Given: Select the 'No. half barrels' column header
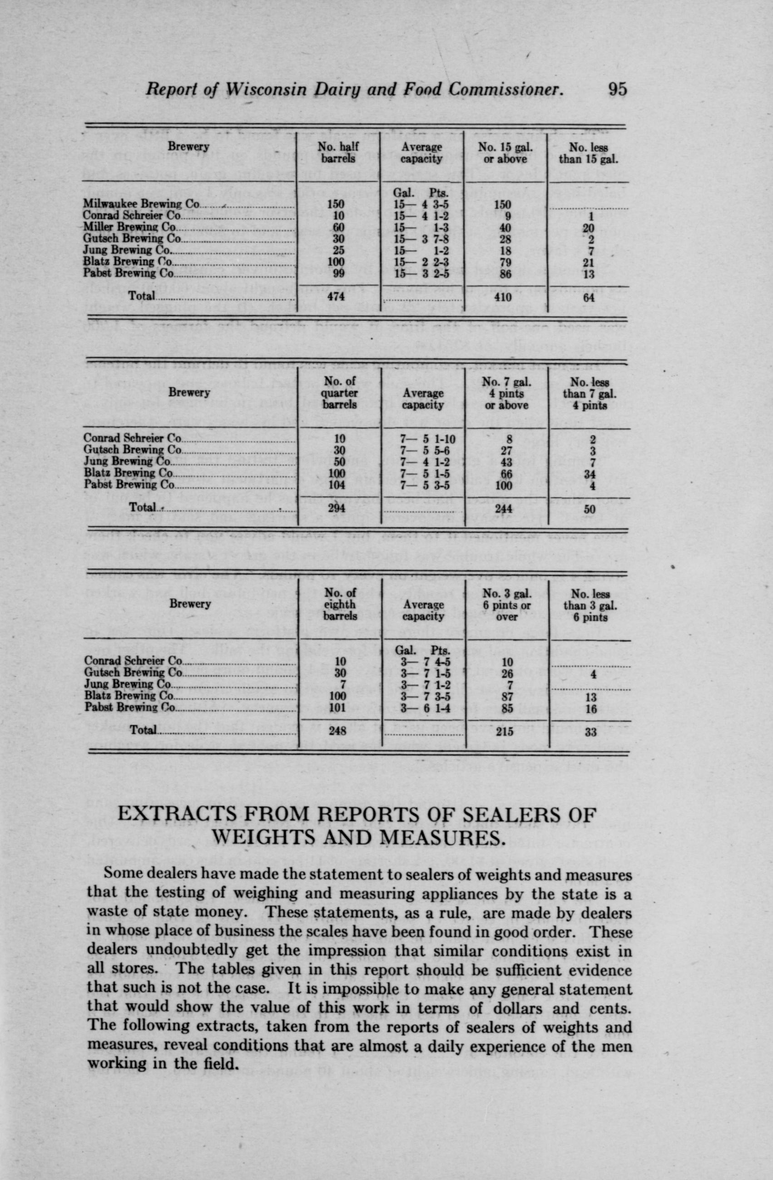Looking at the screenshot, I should coord(337,152).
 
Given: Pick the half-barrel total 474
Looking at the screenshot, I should coord(337,297).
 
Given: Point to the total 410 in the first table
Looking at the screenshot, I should coord(505,297).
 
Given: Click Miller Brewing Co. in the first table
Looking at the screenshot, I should coord(129,227).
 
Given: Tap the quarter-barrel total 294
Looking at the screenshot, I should coord(337,509).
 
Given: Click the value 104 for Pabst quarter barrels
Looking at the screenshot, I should coord(337,485).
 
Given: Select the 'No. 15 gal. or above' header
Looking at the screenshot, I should coord(505,152).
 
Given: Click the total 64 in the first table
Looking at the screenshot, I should coord(590,297).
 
